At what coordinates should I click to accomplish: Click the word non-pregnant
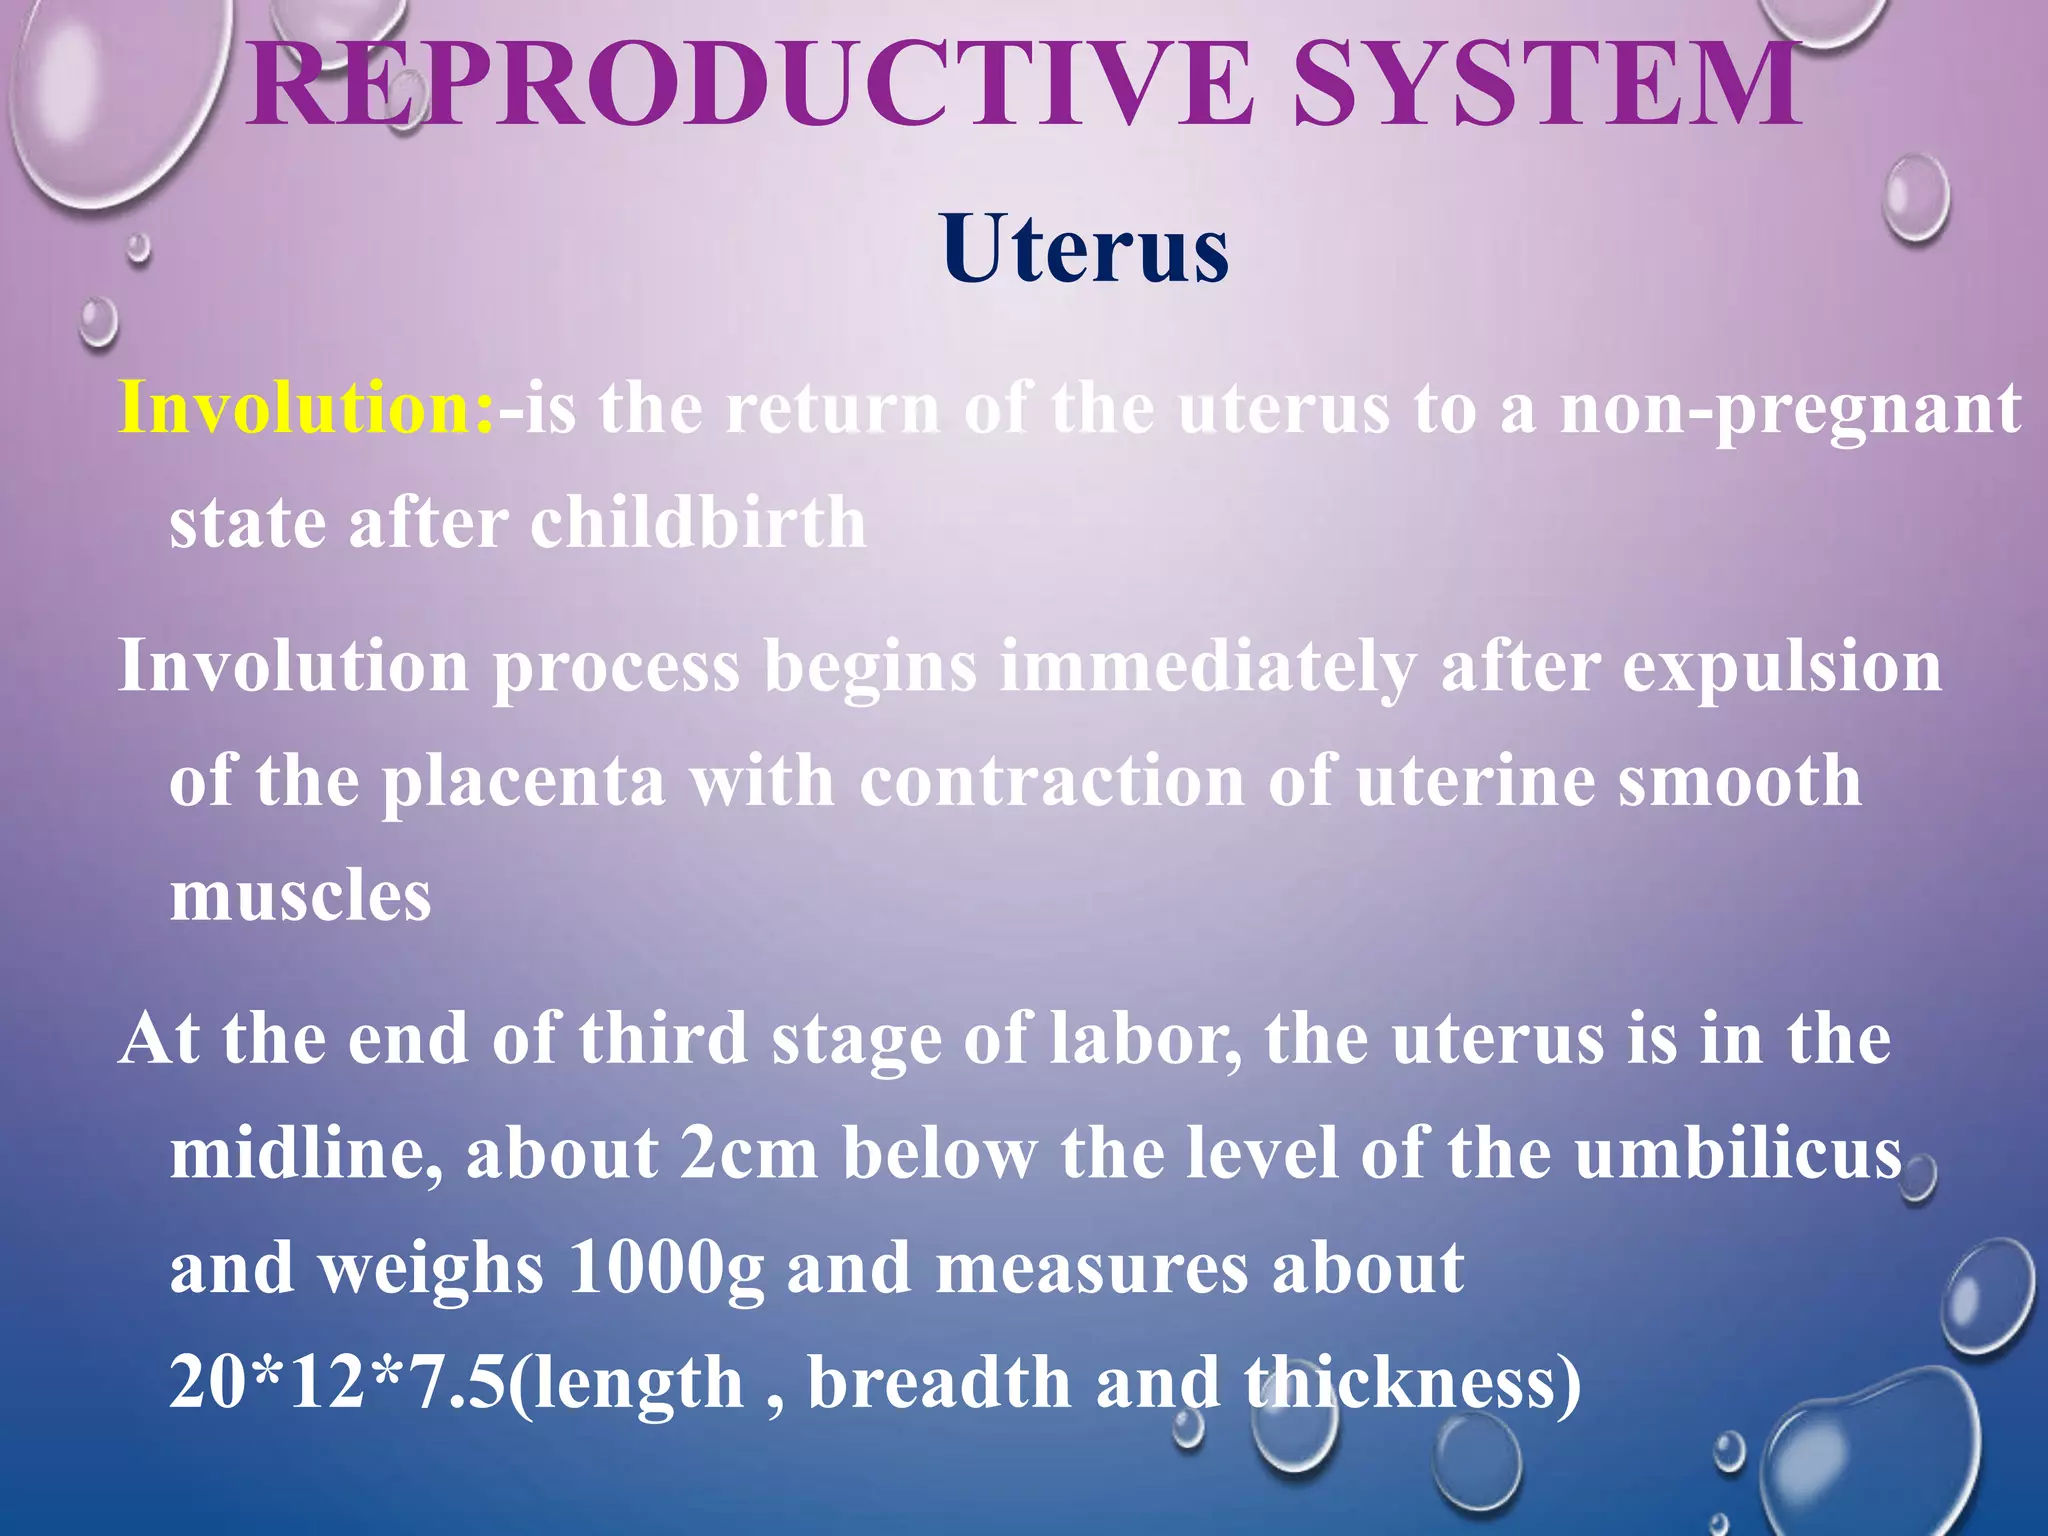[x=1790, y=410]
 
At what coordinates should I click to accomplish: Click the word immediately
[x=1208, y=667]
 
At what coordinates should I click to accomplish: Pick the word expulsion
[x=1781, y=667]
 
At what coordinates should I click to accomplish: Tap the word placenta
[x=524, y=782]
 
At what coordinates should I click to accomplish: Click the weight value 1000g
[x=666, y=1268]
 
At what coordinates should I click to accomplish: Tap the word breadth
[x=939, y=1383]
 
